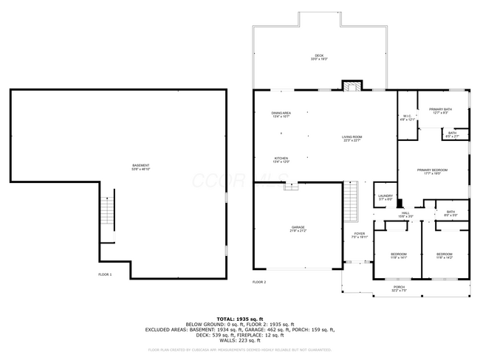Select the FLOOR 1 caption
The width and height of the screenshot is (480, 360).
[105, 274]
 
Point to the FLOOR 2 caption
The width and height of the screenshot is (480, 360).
[259, 282]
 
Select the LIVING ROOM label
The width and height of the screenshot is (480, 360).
[352, 139]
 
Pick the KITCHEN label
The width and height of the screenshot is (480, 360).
[281, 159]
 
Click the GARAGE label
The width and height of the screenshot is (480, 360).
[298, 229]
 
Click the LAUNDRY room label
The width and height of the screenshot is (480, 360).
[385, 197]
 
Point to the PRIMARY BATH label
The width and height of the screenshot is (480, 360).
[442, 111]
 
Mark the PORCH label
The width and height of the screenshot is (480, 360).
[399, 288]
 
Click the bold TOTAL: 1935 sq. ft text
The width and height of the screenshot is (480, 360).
[239, 317]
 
